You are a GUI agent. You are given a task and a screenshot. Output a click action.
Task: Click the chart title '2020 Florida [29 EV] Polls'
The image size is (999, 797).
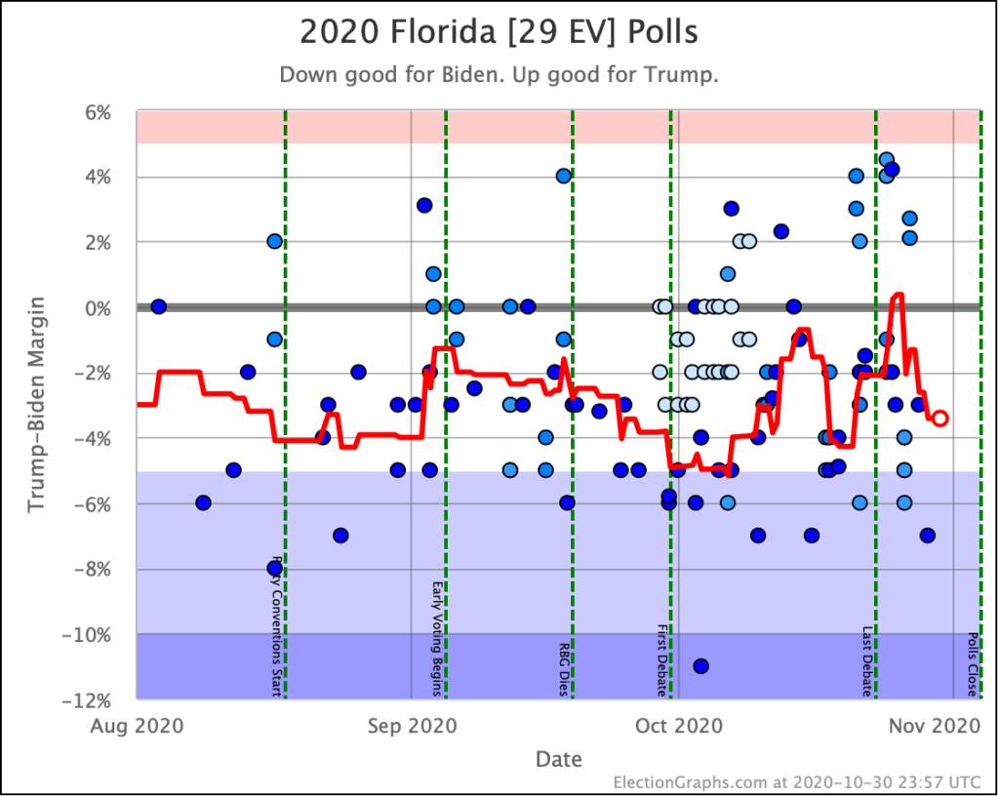(x=499, y=31)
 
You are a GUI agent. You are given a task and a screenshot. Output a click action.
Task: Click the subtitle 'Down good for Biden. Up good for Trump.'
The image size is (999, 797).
(x=499, y=75)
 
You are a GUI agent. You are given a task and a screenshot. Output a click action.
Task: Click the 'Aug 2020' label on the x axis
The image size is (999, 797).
(x=137, y=727)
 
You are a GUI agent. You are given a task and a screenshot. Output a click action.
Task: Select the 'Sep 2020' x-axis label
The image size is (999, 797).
(x=411, y=727)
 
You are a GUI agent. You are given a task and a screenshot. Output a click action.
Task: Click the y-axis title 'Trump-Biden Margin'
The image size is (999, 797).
(x=36, y=405)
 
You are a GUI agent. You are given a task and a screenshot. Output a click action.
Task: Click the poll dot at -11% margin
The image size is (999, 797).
(x=700, y=666)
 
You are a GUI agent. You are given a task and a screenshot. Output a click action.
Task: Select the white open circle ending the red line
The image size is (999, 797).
(x=940, y=418)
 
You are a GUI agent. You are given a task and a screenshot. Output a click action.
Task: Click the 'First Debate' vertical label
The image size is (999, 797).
(x=662, y=660)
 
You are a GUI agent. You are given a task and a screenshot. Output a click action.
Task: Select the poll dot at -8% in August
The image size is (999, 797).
(x=274, y=568)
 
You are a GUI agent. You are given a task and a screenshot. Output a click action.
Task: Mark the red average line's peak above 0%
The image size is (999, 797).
(x=898, y=295)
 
